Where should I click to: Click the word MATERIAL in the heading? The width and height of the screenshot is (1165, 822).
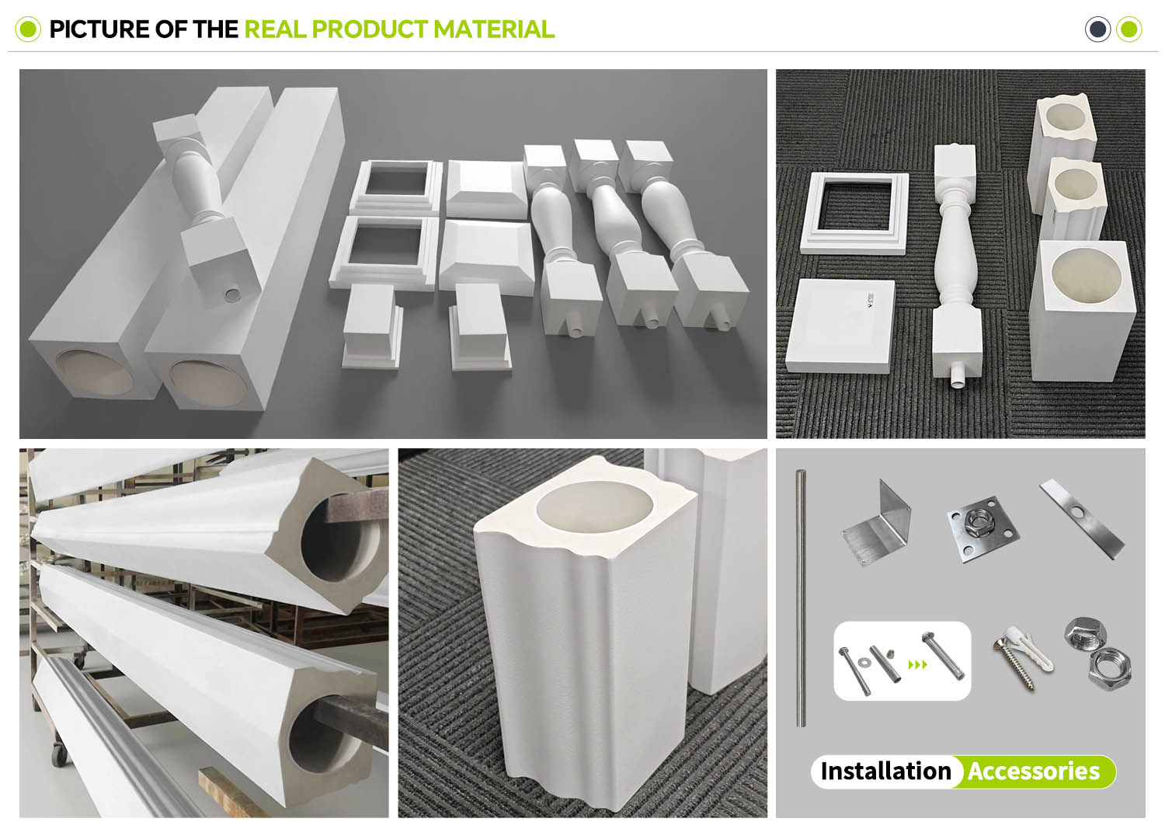pos(493,29)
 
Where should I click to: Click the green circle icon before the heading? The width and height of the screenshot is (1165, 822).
pos(28,29)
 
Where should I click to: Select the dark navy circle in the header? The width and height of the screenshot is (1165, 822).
pos(1097,29)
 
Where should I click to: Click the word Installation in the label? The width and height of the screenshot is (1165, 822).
pos(885,771)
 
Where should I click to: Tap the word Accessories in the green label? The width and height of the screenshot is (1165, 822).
pos(1034,771)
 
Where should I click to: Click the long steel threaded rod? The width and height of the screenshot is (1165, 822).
pos(802,597)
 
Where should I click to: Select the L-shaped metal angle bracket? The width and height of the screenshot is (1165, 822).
pos(877,522)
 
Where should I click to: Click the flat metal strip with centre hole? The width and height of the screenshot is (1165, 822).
pos(1081,519)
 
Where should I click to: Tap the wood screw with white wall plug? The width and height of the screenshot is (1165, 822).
pos(1023,657)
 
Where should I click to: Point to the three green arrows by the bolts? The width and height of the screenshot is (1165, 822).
pos(917,665)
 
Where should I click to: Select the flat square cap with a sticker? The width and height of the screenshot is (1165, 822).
pos(840,326)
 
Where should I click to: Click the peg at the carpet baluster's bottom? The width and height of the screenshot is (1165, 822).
pos(956,378)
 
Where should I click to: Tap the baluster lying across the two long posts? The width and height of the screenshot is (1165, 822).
pos(207,203)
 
